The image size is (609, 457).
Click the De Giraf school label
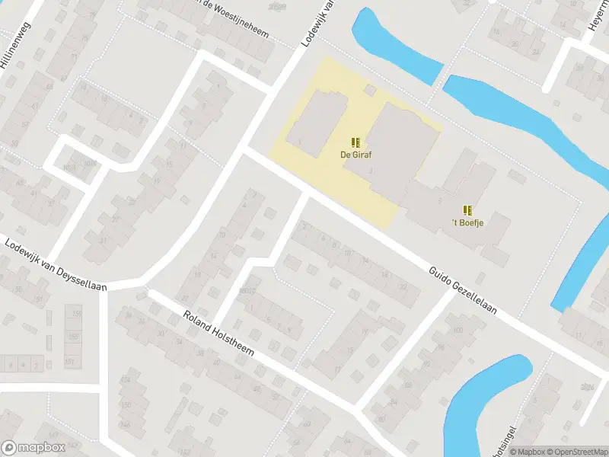point(356,155)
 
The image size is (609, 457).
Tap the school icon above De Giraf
point(356,142)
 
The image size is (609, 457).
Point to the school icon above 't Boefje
point(467,209)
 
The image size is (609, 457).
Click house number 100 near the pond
point(458,331)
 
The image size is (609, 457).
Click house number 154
point(126,379)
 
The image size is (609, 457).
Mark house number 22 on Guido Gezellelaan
point(403,286)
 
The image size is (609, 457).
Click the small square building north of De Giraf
point(370,91)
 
